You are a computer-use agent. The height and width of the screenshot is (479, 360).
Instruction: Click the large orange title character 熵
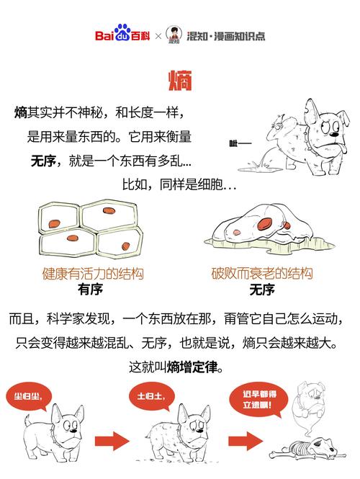tap(179, 81)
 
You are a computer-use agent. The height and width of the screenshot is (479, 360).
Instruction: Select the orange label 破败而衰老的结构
tap(261, 274)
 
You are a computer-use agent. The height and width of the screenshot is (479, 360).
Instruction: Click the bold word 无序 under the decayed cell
tap(261, 290)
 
